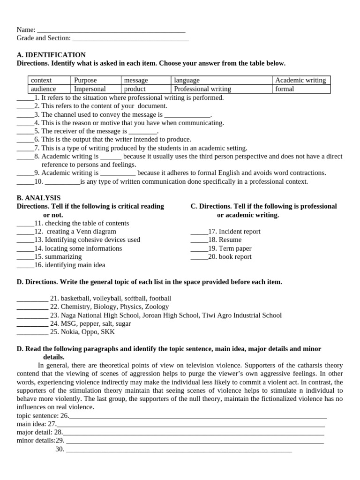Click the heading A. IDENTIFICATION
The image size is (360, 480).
pyautogui.click(x=51, y=55)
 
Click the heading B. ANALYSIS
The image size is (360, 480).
pyautogui.click(x=38, y=198)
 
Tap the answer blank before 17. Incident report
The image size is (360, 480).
pyautogui.click(x=199, y=232)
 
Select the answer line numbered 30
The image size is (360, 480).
pyautogui.click(x=179, y=450)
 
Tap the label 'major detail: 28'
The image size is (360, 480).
pyautogui.click(x=39, y=432)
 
